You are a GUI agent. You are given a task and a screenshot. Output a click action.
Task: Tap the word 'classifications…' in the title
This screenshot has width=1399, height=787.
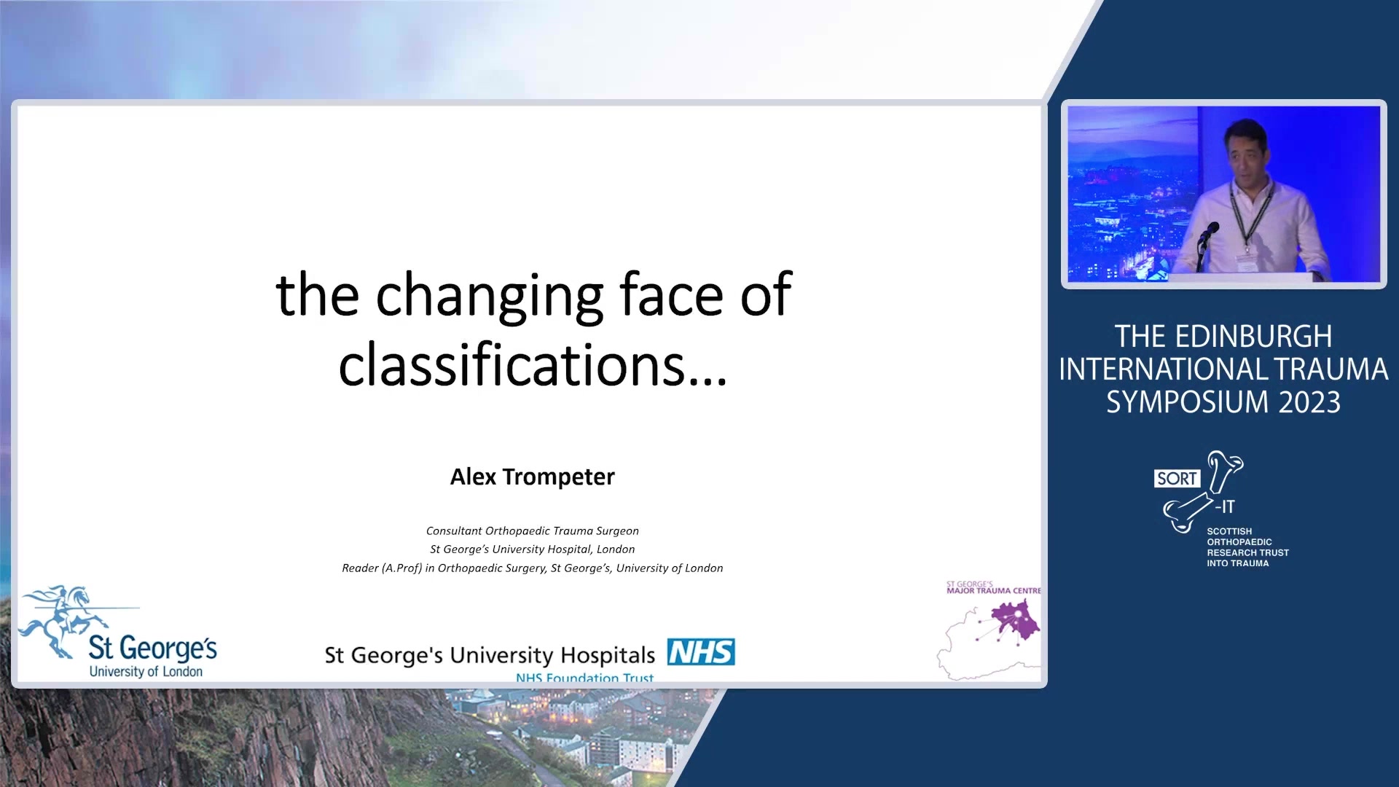point(533,364)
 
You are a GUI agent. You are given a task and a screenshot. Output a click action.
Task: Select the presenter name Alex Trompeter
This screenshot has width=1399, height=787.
point(532,477)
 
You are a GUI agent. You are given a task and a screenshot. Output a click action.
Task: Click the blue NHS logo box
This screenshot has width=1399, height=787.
point(701,651)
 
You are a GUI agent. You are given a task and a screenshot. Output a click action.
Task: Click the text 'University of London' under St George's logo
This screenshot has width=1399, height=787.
point(146,671)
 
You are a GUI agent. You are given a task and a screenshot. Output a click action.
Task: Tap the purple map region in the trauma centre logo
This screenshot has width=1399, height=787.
point(1015,620)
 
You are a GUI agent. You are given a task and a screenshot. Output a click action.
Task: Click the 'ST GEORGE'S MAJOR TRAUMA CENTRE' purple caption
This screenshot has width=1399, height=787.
point(993,587)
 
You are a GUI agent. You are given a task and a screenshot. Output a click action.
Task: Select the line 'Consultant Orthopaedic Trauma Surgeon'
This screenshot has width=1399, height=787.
point(532,531)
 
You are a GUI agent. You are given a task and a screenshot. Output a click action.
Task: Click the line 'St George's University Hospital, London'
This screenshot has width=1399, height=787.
point(532,549)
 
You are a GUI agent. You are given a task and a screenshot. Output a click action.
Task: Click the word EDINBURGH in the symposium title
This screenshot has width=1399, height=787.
point(1253,337)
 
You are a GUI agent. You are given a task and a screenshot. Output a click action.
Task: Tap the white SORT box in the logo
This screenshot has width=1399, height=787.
point(1177,479)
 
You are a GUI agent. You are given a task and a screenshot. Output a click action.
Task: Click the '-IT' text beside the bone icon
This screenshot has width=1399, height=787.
point(1225,506)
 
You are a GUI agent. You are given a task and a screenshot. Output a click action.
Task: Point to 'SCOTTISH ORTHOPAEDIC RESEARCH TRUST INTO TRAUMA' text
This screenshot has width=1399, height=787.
point(1247,547)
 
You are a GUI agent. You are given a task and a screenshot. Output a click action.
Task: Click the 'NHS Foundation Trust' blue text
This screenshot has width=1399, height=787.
point(584,678)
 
